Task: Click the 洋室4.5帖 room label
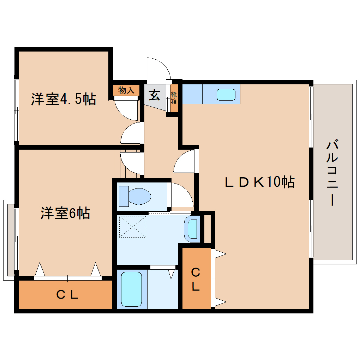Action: tap(64, 99)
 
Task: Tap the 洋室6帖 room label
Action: tap(65, 213)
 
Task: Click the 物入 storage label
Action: tap(126, 90)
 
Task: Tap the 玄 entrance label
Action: tap(154, 95)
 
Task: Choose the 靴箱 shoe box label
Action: tap(174, 98)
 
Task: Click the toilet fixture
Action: tap(136, 196)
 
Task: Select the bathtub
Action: tap(132, 288)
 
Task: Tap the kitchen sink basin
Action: tap(226, 94)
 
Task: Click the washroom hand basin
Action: tap(192, 229)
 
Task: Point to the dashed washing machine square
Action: tap(132, 227)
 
